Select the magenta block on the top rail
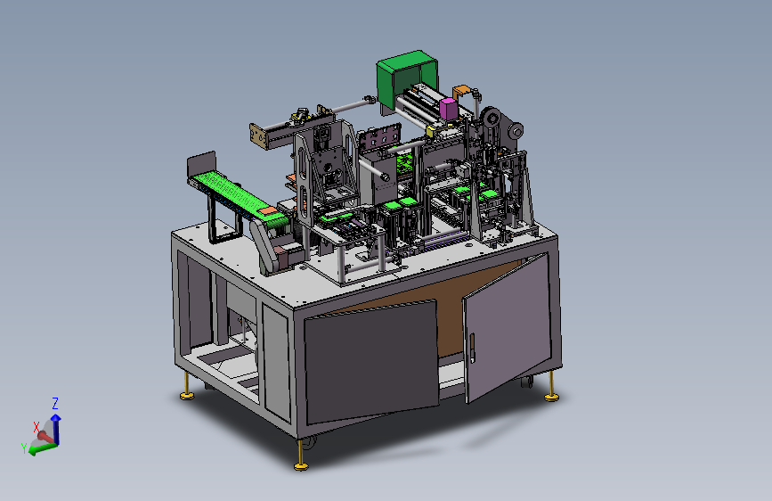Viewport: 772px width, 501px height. click(448, 108)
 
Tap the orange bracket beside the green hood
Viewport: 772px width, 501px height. click(461, 91)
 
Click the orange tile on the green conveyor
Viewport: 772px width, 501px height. click(268, 210)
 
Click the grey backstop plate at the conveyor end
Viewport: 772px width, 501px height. click(201, 165)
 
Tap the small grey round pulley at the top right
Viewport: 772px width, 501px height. click(516, 130)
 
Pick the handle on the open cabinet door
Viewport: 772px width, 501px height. click(472, 349)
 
